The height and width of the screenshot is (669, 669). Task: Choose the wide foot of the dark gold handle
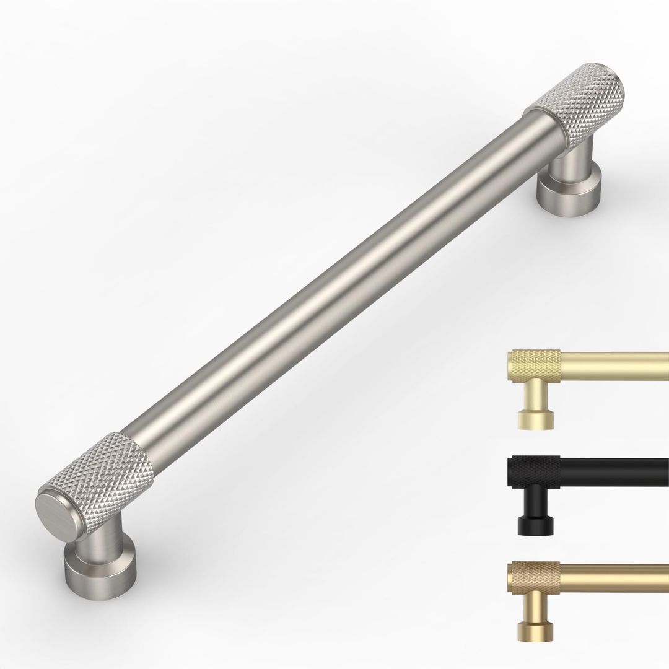point(535,632)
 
